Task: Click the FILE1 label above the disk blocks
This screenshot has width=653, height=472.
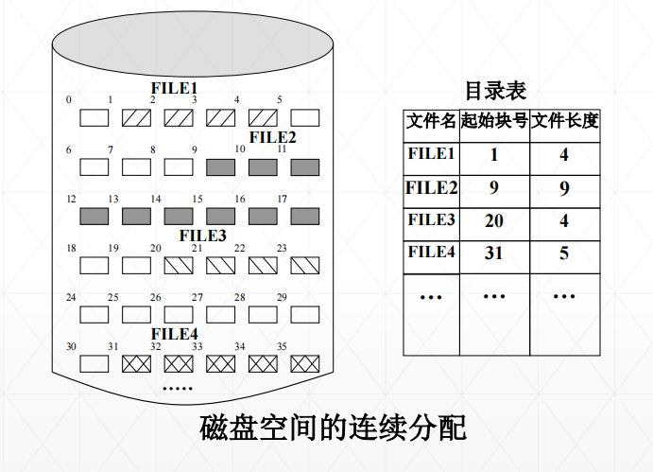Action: click(x=175, y=88)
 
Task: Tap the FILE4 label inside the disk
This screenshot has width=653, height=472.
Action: click(x=175, y=334)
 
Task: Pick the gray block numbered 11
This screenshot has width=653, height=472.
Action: click(x=304, y=167)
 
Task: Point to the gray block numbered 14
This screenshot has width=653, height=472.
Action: click(x=178, y=217)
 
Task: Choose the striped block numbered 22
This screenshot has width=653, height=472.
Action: click(x=263, y=265)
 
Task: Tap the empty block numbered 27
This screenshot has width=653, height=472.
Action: click(x=220, y=314)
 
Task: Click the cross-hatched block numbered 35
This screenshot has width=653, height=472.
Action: click(x=304, y=363)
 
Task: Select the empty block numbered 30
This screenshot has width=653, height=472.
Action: click(x=94, y=363)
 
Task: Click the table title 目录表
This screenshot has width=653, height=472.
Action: click(x=495, y=91)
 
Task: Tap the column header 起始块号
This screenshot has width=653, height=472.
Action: click(x=494, y=122)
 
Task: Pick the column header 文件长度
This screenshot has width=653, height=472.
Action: click(x=564, y=122)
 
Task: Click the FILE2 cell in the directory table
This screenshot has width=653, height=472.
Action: click(x=431, y=187)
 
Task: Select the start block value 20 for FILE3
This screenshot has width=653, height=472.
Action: click(x=494, y=221)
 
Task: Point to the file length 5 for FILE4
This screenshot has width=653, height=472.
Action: click(x=564, y=253)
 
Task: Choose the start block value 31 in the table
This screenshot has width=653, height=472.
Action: click(x=494, y=253)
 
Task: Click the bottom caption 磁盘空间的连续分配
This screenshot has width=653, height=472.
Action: click(x=334, y=428)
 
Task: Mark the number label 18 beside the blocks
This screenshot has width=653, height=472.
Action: click(x=71, y=249)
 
